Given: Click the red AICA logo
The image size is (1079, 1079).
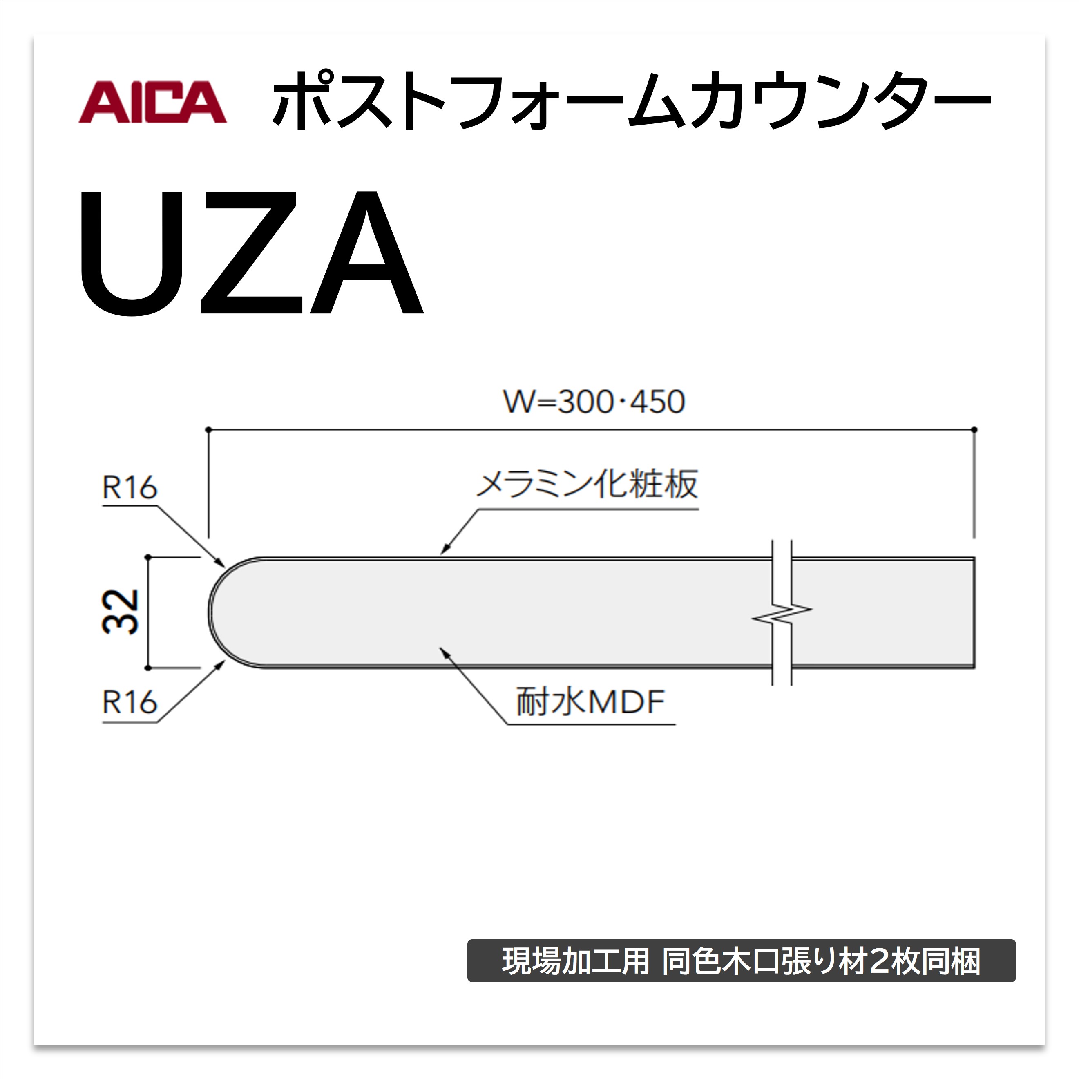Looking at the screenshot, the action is click(152, 102).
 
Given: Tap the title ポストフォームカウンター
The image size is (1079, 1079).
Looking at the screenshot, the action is click(631, 101).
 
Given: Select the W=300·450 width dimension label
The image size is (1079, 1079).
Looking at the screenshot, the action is click(594, 402).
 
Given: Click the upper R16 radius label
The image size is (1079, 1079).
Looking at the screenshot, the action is click(130, 487).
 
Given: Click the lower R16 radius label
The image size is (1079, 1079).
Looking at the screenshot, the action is click(130, 702).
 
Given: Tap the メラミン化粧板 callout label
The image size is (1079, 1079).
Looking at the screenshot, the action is click(587, 484).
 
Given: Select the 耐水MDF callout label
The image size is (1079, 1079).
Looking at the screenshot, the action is click(590, 701).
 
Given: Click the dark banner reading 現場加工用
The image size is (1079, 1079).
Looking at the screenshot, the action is click(742, 961).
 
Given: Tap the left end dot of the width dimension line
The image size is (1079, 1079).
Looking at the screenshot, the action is click(208, 429).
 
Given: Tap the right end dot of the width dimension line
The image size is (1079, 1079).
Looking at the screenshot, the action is click(974, 429).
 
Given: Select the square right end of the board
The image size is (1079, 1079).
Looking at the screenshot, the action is click(974, 612).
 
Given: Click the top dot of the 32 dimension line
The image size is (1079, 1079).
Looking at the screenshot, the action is click(148, 557).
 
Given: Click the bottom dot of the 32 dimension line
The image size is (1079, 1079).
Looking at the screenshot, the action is click(148, 668).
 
